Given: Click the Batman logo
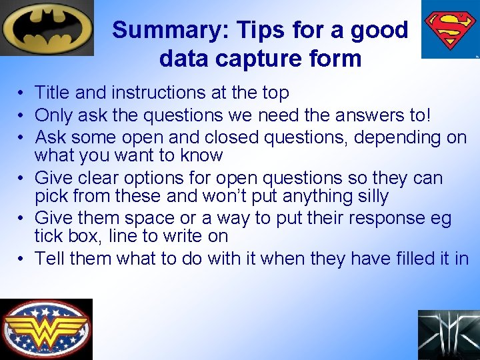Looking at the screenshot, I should (47, 27).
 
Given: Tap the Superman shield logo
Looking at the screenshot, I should (450, 29).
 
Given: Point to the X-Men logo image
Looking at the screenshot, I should (448, 335).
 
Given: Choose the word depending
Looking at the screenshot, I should (396, 137).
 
